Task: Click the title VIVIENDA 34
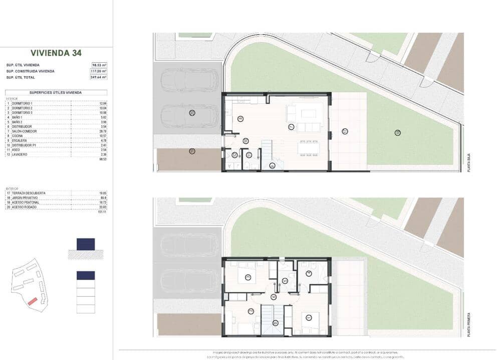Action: (x=56, y=53)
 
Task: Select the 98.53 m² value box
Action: (x=99, y=65)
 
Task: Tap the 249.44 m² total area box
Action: (x=99, y=77)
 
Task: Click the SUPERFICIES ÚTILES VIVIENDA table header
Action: (x=56, y=92)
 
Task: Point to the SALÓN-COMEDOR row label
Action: (x=23, y=131)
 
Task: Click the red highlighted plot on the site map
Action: (x=32, y=301)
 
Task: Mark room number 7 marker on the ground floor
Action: (x=291, y=127)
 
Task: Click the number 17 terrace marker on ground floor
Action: (x=345, y=131)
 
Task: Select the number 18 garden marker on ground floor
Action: (x=397, y=132)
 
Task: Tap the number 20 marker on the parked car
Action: (x=192, y=113)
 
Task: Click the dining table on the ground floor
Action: (x=308, y=148)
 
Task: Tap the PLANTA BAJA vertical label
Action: (x=469, y=163)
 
